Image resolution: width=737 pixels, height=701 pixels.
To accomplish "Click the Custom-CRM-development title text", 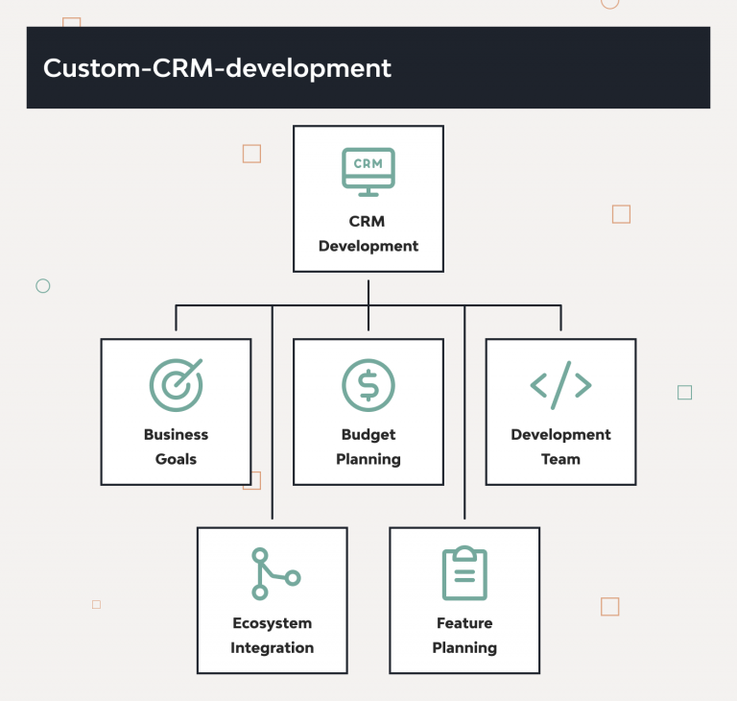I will tap(217, 69).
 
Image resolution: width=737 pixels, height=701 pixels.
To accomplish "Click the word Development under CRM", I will tap(368, 246).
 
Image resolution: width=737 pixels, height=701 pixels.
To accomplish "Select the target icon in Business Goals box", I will tap(177, 384).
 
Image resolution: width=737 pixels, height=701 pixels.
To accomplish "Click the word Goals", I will tap(176, 459).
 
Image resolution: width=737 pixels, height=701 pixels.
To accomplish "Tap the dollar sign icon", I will tap(368, 385).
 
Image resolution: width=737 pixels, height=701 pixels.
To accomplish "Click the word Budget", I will tap(368, 435).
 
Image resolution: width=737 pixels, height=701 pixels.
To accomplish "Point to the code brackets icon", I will tap(560, 385).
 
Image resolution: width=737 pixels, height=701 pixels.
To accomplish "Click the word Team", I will tap(560, 459).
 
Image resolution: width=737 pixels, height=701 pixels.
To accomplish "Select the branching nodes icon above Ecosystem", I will tap(273, 573).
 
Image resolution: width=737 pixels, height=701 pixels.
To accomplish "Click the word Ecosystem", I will tap(273, 623).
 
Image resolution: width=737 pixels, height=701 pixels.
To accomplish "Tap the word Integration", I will tap(273, 648).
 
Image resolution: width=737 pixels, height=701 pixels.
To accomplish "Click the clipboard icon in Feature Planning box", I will tap(464, 573).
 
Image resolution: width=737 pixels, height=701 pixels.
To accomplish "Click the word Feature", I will tap(464, 623).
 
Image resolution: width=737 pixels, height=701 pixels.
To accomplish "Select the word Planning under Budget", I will tap(368, 459).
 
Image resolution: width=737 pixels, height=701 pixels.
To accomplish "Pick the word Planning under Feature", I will tap(464, 648).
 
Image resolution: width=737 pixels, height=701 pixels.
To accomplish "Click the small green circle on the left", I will tap(42, 286).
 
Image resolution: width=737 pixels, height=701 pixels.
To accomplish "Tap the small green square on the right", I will tap(684, 392).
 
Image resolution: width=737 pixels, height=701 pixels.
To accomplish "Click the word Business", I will tap(176, 435).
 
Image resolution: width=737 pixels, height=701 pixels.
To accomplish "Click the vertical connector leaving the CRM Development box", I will tap(368, 290).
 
